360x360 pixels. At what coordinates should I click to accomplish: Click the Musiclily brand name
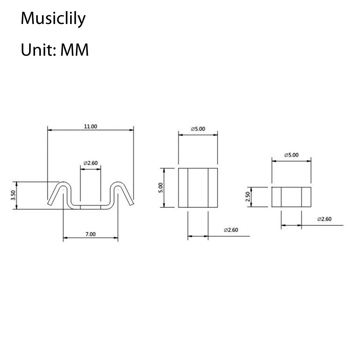click(53, 19)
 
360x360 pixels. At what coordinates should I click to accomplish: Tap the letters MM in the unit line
click(74, 50)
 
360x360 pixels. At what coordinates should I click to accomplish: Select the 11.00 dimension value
click(90, 127)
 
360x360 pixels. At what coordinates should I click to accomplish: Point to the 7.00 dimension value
click(90, 234)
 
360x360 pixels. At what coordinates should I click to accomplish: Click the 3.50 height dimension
click(13, 195)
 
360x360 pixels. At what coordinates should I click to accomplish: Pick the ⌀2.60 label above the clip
click(90, 163)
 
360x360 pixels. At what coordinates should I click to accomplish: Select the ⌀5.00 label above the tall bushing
click(198, 129)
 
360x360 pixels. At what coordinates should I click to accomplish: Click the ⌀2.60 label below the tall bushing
click(231, 230)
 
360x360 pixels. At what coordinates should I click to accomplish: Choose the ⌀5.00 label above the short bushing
click(291, 155)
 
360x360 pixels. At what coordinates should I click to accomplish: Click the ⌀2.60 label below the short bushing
click(324, 219)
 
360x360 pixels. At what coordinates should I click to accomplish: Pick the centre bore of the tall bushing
click(198, 187)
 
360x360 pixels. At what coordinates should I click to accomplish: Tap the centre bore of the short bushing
click(291, 197)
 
